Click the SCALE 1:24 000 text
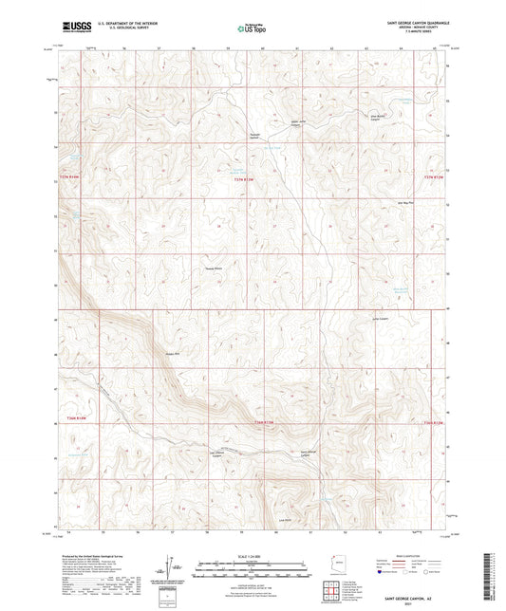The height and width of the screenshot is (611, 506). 251,555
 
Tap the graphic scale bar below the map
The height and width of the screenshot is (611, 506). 251,564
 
